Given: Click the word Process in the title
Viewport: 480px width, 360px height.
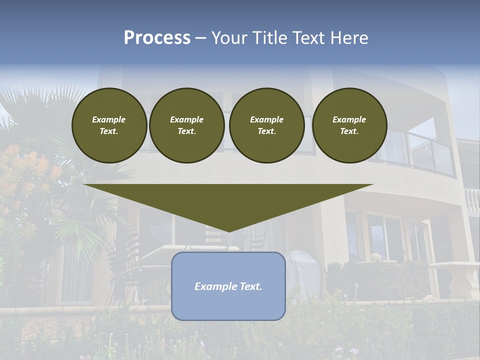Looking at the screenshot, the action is pos(157,38).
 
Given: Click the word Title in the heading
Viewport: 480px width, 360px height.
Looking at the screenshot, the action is pos(269,38).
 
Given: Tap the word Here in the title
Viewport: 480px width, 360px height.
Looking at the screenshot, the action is pos(348,38).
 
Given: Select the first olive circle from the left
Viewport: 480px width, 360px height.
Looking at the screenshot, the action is pos(109,125).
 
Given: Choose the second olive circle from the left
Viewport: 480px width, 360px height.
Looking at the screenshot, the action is pos(186,125).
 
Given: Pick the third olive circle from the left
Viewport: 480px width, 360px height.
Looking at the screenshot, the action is pos(266,125).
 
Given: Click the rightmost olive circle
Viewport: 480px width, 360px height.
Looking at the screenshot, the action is pos(349,125).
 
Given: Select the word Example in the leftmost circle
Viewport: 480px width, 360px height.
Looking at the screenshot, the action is pos(109,119).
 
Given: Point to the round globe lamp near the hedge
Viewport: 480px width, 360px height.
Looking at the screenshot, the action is pos(375,257).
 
